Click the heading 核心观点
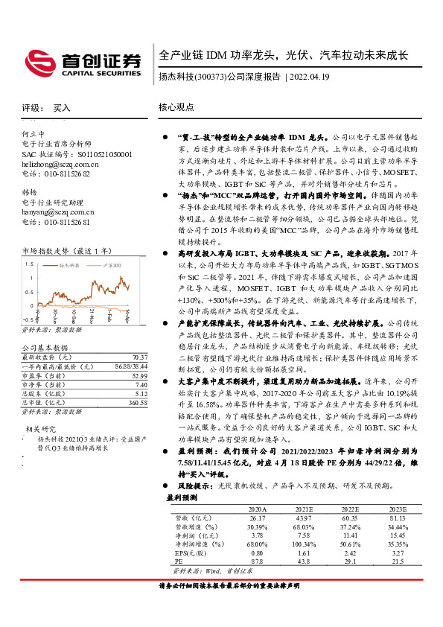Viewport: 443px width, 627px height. click(176, 107)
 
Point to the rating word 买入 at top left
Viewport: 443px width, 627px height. click(62, 107)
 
